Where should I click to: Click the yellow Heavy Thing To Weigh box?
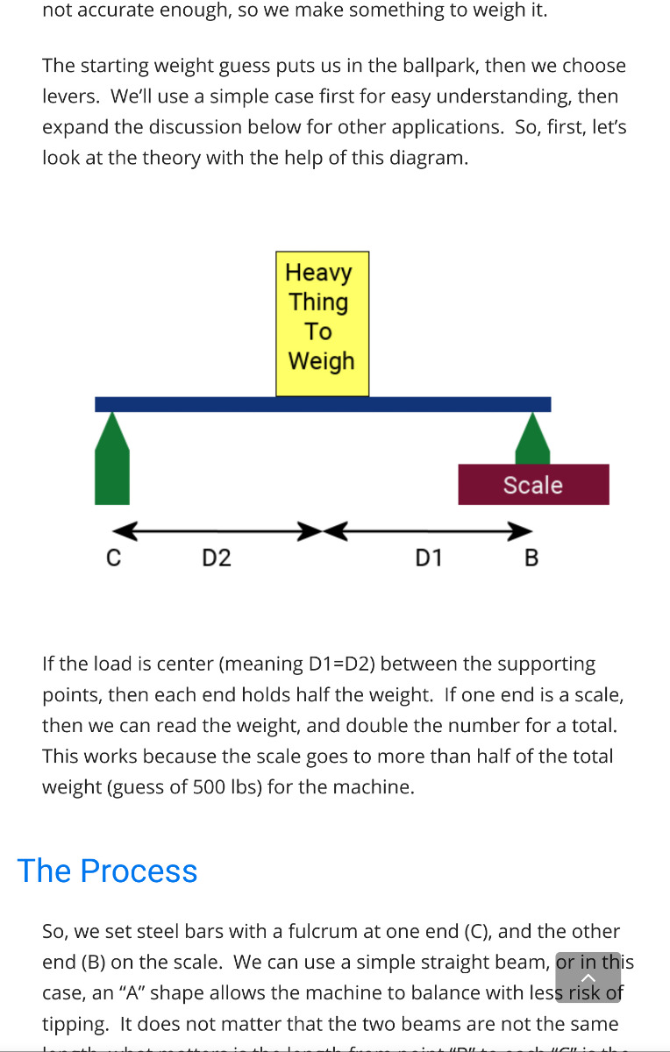(322, 323)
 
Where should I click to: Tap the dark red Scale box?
(533, 485)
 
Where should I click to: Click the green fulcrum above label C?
(112, 461)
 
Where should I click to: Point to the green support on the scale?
(532, 440)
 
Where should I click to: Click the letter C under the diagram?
(113, 558)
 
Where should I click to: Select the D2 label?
(216, 558)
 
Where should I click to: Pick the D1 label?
(428, 558)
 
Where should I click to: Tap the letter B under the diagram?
(531, 558)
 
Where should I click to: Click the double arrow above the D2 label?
(216, 531)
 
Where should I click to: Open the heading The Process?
(107, 871)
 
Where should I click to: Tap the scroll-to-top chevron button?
(588, 977)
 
